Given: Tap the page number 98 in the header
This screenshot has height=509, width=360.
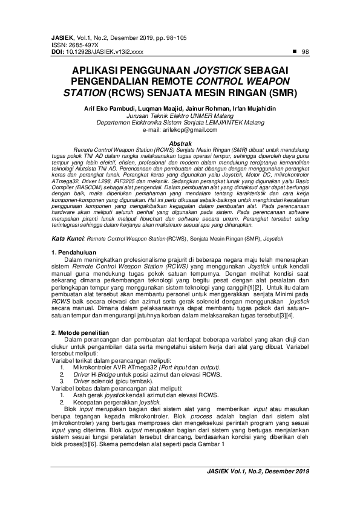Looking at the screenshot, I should click(305, 51).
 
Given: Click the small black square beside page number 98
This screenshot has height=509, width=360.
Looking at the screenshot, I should click(293, 51).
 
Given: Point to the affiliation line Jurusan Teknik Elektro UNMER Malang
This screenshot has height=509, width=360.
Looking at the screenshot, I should click(180, 115).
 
